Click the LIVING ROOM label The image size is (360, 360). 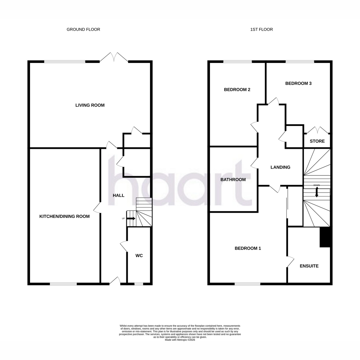click(90, 105)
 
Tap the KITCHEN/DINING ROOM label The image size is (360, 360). click(64, 216)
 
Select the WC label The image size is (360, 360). click(139, 256)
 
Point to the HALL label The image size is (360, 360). click(118, 195)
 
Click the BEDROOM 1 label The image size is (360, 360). click(248, 248)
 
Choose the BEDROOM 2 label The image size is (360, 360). click(237, 90)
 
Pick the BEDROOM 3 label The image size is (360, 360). click(298, 83)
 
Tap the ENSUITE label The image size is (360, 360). click(309, 266)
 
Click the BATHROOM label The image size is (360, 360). click(233, 180)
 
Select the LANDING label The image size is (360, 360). click(280, 167)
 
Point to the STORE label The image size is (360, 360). click(317, 141)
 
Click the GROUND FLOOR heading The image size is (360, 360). click(83, 29)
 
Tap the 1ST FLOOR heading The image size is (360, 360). click(261, 29)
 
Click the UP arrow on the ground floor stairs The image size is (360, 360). click(131, 218)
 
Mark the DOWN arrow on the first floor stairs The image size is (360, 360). click(317, 192)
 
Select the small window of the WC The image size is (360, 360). click(139, 284)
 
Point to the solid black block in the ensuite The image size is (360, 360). click(325, 237)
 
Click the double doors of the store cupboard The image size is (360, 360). click(317, 130)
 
